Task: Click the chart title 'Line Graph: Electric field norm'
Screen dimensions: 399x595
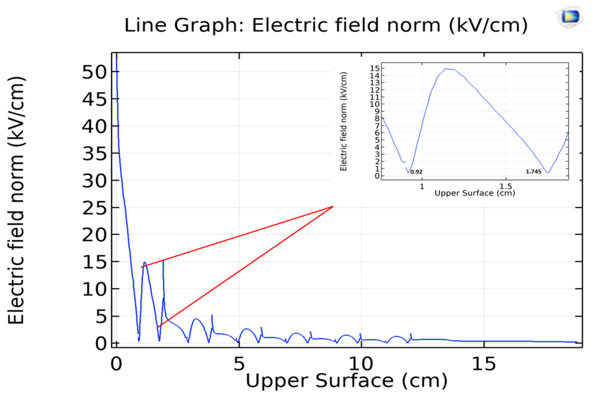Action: [x=326, y=25]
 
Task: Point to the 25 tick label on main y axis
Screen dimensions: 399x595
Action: [x=94, y=208]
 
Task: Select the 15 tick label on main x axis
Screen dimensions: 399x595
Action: [x=484, y=364]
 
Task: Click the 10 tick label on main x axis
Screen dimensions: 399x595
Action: [x=361, y=364]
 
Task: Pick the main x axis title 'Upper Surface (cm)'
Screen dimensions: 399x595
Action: [x=346, y=381]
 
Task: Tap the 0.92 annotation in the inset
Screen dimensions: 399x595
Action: [x=416, y=172]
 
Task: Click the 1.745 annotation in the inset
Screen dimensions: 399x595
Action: [x=533, y=172]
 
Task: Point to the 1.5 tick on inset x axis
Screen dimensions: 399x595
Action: [x=506, y=186]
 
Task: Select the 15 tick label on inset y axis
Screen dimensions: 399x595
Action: [x=374, y=68]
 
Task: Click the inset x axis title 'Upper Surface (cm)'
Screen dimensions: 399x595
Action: [x=475, y=193]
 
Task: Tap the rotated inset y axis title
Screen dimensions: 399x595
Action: [x=344, y=121]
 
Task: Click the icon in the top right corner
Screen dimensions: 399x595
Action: [x=570, y=17]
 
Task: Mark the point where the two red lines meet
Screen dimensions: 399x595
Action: [x=333, y=206]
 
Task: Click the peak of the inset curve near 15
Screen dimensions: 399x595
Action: [x=446, y=69]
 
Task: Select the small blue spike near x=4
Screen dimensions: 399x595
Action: [x=212, y=316]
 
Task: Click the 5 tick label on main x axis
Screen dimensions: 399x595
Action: [x=239, y=364]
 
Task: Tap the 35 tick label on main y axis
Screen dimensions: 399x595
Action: [x=94, y=154]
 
